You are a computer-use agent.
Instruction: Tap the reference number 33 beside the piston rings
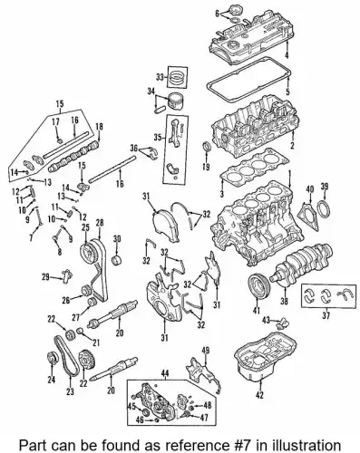click(160, 77)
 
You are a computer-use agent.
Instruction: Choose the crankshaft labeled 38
click(302, 264)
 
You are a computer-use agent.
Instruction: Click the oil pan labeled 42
click(265, 356)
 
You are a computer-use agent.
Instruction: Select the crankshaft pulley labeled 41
click(258, 284)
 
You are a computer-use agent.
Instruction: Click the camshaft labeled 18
click(73, 157)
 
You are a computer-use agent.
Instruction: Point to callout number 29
click(45, 277)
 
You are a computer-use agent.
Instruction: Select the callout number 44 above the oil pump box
click(165, 374)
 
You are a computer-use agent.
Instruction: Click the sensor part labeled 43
click(283, 323)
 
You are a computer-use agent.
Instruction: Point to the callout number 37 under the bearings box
click(326, 316)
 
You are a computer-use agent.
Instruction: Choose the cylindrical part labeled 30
click(117, 260)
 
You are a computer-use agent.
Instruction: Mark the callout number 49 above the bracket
click(206, 351)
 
